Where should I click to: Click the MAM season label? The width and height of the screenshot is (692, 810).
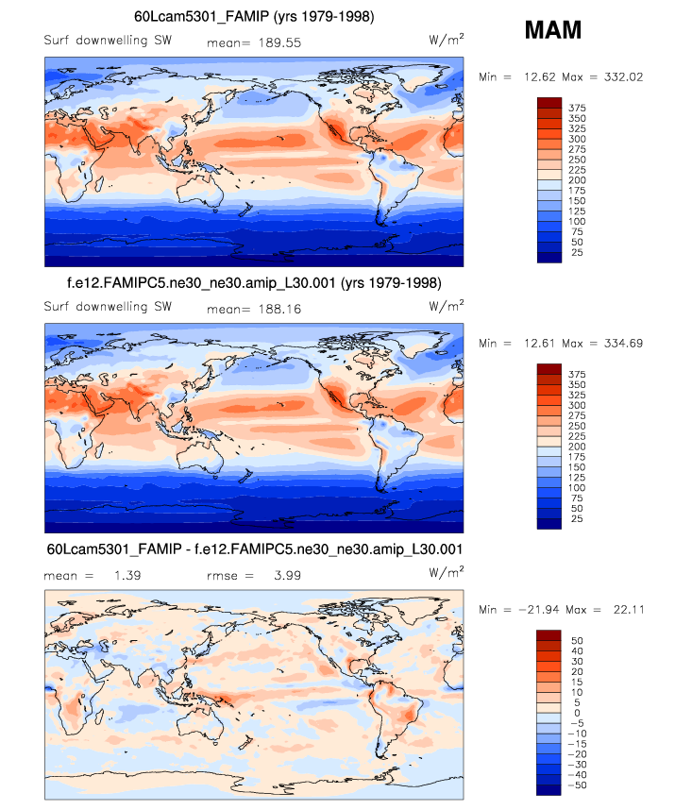coord(553,31)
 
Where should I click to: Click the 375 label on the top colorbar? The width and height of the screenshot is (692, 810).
coord(578,109)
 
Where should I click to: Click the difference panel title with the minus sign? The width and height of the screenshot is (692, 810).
coord(254,548)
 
